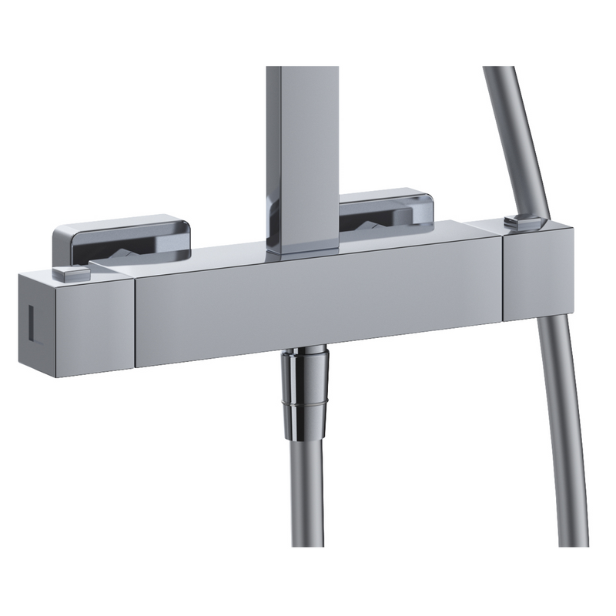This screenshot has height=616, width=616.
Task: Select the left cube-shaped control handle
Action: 77,323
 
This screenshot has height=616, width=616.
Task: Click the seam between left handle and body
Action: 133,323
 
